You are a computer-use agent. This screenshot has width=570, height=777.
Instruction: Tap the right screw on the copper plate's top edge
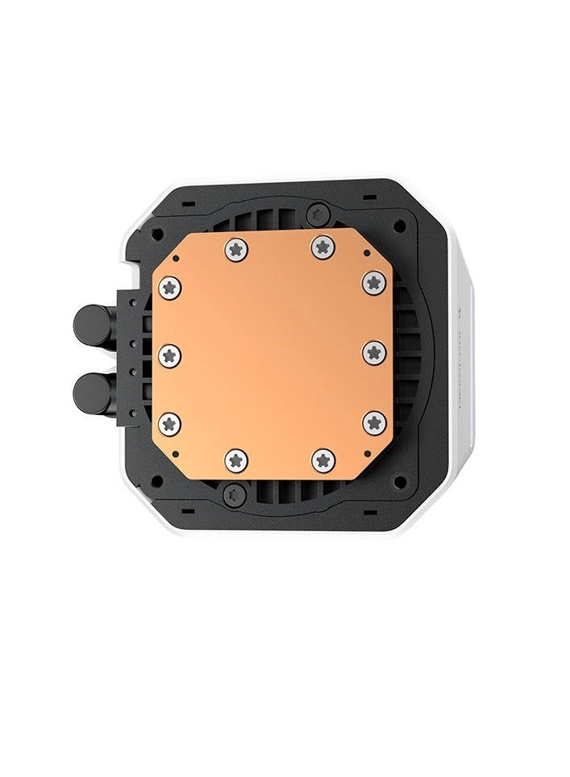[322, 247]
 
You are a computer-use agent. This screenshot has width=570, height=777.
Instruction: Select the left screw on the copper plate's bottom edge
[236, 459]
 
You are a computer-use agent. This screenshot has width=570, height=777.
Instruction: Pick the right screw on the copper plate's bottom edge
[322, 459]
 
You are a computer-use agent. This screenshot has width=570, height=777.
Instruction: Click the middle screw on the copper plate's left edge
[169, 355]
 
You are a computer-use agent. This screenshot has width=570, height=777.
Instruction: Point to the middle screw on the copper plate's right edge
[373, 352]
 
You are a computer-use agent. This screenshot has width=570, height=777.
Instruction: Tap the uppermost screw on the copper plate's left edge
[169, 287]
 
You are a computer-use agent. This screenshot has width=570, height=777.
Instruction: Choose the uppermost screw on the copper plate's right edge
[373, 282]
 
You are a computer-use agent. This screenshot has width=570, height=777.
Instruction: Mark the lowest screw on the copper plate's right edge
[373, 422]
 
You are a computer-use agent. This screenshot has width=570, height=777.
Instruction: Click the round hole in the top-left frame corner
[158, 234]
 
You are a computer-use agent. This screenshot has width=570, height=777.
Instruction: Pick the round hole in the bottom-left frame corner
[158, 480]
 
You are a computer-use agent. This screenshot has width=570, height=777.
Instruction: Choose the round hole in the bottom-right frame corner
[400, 481]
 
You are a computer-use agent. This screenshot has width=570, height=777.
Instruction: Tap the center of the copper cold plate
[272, 355]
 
